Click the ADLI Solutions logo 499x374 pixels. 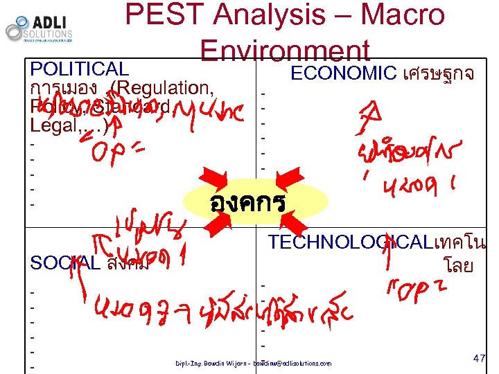click(x=39, y=28)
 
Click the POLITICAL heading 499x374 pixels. click(x=80, y=69)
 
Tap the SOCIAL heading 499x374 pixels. click(x=65, y=263)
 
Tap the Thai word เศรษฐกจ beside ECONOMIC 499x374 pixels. click(x=439, y=74)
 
